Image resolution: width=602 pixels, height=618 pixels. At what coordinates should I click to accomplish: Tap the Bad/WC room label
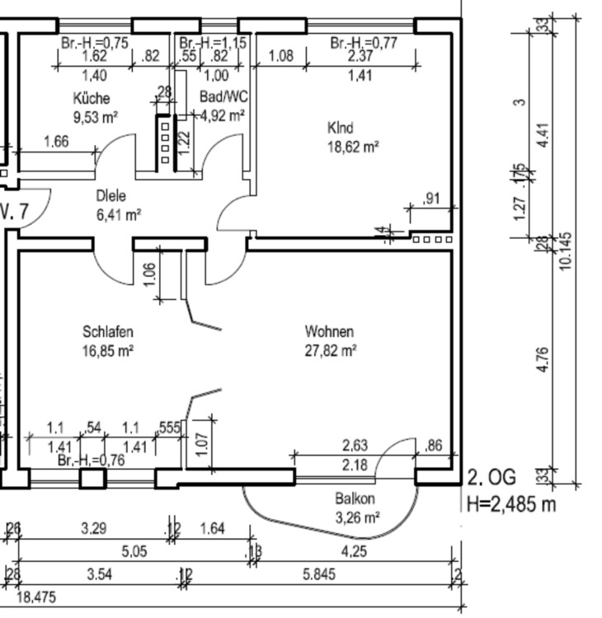(x=223, y=97)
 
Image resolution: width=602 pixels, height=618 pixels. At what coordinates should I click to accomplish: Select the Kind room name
(x=340, y=129)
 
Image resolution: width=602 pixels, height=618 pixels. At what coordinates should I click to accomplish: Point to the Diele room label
(x=111, y=197)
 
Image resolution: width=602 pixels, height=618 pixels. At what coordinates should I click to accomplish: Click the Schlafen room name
(x=108, y=332)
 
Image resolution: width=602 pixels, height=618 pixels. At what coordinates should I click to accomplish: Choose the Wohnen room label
(x=329, y=332)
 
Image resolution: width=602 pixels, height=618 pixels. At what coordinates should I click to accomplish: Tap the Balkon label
(x=355, y=499)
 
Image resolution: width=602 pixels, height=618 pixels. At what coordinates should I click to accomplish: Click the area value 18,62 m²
(x=353, y=147)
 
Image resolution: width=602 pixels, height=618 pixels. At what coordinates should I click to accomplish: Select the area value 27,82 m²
(x=331, y=350)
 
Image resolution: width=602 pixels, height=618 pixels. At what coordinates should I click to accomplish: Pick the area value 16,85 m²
(x=108, y=350)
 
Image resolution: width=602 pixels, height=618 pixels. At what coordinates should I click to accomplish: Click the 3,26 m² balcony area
(x=357, y=517)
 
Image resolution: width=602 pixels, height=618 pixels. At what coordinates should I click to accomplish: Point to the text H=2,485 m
(x=511, y=503)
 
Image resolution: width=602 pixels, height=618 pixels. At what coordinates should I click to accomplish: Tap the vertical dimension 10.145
(x=567, y=255)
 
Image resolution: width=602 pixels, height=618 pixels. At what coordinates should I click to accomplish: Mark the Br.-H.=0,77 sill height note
(x=364, y=43)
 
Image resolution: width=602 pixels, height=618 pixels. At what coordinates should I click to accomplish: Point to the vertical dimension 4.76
(x=542, y=360)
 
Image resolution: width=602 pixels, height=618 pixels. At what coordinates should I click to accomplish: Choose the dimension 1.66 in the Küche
(x=55, y=142)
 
